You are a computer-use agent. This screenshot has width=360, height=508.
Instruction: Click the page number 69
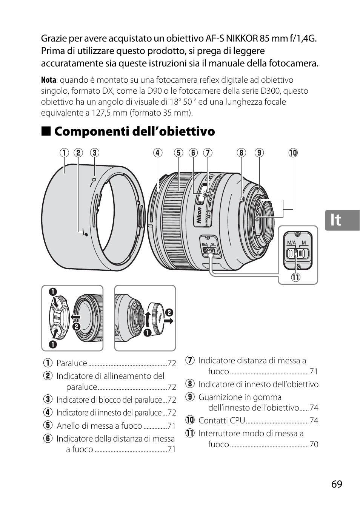coord(337,484)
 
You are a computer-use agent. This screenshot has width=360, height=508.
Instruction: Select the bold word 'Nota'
coord(48,80)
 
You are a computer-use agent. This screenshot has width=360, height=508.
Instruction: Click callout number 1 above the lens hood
coord(64,153)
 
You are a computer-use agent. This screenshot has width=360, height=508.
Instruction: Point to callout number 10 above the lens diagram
coord(293,153)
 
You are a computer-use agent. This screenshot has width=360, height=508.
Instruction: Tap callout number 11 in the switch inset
coord(295,278)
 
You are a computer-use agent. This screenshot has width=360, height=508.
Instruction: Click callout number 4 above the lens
coord(157,153)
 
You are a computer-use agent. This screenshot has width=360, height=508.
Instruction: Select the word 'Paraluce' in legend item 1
coord(72,363)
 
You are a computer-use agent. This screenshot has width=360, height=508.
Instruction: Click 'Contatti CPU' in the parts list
coord(222,421)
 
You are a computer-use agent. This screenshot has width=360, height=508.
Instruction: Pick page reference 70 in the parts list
coord(314,445)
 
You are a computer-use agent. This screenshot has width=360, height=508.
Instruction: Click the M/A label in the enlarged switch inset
coord(291,242)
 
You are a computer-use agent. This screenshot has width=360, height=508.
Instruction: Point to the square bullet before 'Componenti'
coord(46,131)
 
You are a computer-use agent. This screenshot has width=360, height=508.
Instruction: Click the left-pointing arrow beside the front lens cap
coord(76,317)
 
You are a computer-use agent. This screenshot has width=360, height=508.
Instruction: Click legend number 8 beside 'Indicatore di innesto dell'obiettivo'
coord(189,384)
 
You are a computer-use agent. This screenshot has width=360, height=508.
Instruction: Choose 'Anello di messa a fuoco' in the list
coord(99,426)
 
